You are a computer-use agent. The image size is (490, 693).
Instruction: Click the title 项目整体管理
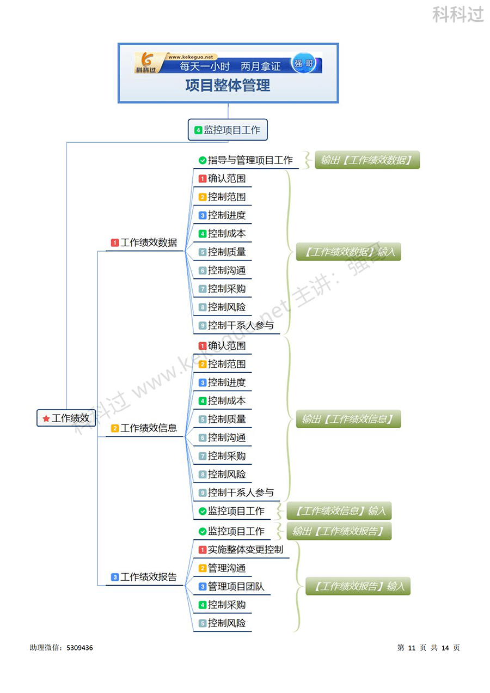click(228, 86)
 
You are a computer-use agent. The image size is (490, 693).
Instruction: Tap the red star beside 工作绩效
click(46, 418)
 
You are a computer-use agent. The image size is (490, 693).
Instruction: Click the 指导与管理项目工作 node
click(250, 160)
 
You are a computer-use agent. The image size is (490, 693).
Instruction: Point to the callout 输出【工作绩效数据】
click(367, 160)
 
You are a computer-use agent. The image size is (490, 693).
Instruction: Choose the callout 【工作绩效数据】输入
click(348, 252)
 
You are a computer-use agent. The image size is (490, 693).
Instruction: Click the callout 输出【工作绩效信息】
click(348, 419)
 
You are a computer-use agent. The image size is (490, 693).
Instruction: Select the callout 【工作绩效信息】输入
click(339, 511)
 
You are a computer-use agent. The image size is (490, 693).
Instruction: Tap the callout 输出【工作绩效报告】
click(339, 531)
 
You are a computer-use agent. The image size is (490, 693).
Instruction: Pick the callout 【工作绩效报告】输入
click(358, 586)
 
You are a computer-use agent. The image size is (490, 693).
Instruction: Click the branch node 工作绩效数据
click(148, 243)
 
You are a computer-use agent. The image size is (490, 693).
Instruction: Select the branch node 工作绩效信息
click(148, 428)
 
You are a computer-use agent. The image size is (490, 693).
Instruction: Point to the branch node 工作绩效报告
click(148, 577)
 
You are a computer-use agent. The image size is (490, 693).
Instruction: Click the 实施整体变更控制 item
click(245, 550)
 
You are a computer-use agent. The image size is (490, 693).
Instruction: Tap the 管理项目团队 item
click(236, 587)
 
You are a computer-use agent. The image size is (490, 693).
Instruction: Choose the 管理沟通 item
click(226, 568)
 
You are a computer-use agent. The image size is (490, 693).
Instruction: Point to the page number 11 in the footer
click(411, 648)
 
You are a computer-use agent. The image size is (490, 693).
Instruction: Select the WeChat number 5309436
click(79, 648)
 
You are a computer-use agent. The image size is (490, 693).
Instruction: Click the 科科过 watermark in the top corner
click(458, 15)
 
